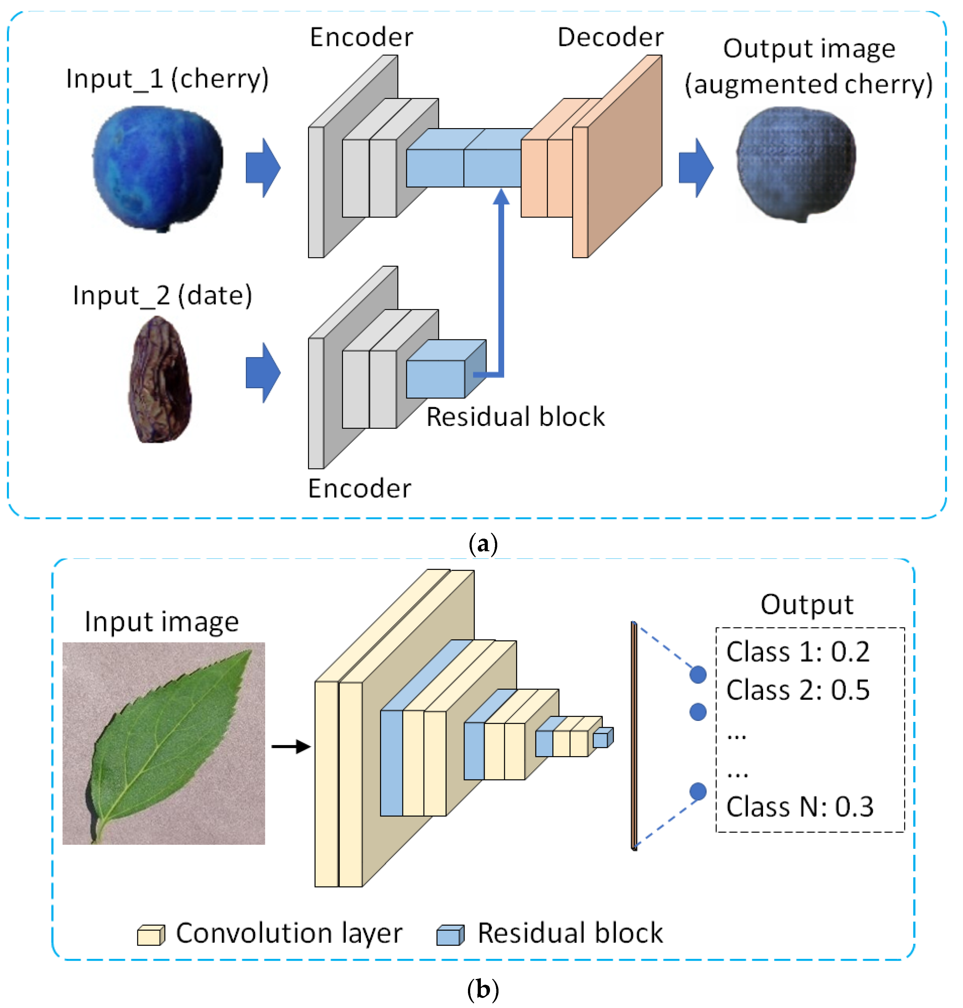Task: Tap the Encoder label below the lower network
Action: pyautogui.click(x=359, y=488)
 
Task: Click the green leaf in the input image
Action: pyautogui.click(x=169, y=739)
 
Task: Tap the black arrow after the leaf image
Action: pyautogui.click(x=291, y=746)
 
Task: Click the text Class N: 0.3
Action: pyautogui.click(x=799, y=807)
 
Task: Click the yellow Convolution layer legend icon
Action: pyautogui.click(x=151, y=935)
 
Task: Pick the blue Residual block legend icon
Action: pyautogui.click(x=450, y=935)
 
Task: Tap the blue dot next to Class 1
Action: pyautogui.click(x=698, y=674)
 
